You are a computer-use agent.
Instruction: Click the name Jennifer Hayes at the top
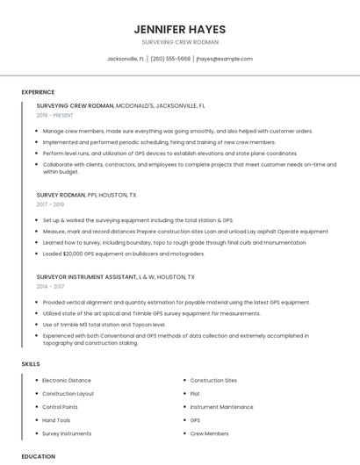click(180, 29)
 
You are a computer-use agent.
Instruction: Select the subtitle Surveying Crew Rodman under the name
click(180, 42)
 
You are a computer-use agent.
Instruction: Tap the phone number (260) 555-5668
click(170, 59)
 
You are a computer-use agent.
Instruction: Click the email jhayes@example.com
click(225, 59)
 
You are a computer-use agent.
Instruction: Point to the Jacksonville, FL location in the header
click(126, 59)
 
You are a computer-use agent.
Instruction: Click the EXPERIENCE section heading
click(38, 92)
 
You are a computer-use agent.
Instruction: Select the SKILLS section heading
click(31, 363)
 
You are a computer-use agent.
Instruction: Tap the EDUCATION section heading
click(38, 456)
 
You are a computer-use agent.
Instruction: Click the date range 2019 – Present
click(56, 115)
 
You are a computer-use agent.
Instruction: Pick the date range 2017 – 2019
click(52, 204)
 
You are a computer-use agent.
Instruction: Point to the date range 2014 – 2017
click(52, 286)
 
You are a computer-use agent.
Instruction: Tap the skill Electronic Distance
click(67, 381)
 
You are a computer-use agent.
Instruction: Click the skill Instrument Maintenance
click(222, 407)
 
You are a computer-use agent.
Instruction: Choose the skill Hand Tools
click(58, 420)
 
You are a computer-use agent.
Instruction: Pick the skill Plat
click(195, 394)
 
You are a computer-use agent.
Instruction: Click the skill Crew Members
click(209, 433)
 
